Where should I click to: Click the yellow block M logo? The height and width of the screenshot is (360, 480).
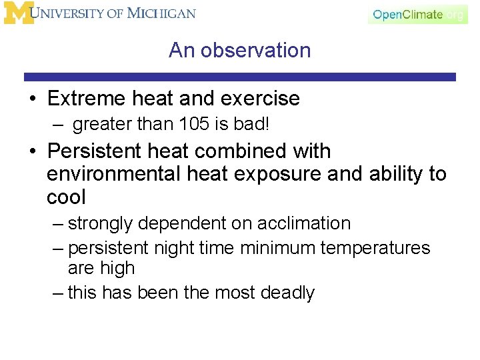(x=18, y=13)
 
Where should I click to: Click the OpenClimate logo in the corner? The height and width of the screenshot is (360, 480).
(x=418, y=14)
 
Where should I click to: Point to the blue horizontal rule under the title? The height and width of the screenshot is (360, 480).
(x=240, y=77)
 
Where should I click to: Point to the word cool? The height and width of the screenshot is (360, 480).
(x=67, y=197)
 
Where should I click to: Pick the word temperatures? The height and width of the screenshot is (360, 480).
(x=375, y=249)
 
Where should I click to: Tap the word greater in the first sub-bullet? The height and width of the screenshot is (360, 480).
(x=101, y=125)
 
